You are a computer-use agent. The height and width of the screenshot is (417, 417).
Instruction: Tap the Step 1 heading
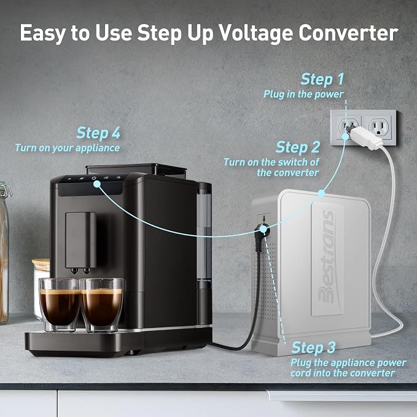tap(322, 79)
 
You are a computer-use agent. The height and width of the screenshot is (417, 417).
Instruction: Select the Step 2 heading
tap(298, 147)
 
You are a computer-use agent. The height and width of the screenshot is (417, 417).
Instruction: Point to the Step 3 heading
tap(313, 348)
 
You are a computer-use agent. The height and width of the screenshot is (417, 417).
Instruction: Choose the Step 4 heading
tap(98, 133)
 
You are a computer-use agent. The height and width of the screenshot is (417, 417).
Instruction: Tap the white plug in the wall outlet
tap(365, 136)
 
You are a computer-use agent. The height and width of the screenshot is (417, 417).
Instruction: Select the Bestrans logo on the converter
tap(327, 256)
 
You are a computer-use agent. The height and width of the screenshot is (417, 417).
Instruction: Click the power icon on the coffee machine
tap(94, 178)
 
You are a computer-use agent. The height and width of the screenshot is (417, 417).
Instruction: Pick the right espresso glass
tap(102, 305)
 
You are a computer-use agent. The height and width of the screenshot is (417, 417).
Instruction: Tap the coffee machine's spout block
tap(80, 241)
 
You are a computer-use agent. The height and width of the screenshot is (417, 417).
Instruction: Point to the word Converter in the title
tap(348, 33)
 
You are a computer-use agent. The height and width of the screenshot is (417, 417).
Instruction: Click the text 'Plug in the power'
tap(303, 94)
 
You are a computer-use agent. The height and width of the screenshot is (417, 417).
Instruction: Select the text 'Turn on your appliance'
tap(68, 148)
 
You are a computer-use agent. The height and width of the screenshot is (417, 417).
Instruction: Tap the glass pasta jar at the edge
tap(4, 252)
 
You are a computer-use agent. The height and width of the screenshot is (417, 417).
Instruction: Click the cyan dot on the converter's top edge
tap(321, 193)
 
